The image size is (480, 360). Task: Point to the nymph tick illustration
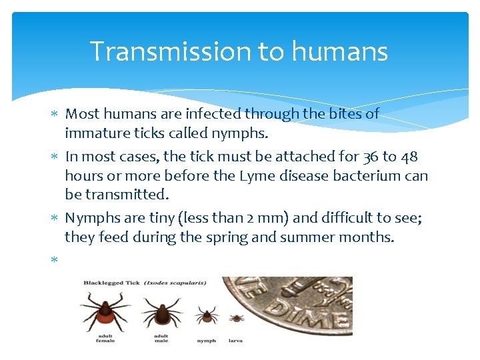206,315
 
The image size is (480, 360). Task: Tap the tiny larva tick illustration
236,318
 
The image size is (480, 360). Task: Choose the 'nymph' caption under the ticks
206,341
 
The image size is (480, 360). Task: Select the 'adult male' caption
160,338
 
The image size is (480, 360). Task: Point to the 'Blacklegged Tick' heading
111,283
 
